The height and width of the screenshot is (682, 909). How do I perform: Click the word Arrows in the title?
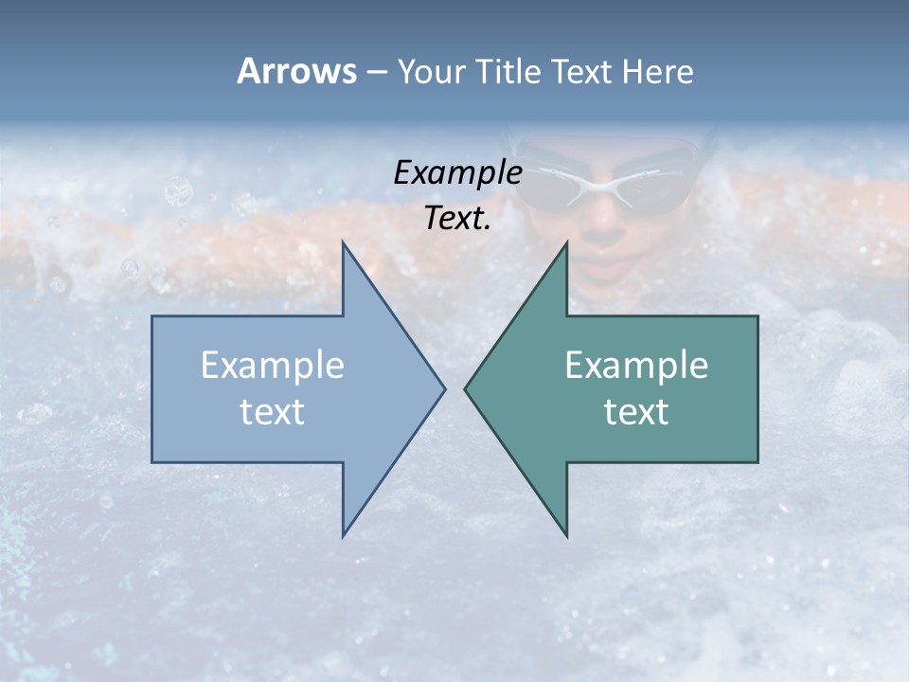pyautogui.click(x=296, y=71)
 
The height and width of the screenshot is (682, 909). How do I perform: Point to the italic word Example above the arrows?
pyautogui.click(x=458, y=173)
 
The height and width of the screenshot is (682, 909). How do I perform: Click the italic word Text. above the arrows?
pyautogui.click(x=458, y=219)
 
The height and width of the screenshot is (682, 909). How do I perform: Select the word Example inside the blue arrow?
pyautogui.click(x=273, y=366)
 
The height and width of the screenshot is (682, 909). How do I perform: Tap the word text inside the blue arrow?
pyautogui.click(x=273, y=411)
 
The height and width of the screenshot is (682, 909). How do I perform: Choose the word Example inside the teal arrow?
pyautogui.click(x=636, y=366)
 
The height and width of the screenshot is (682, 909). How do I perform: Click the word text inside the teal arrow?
pyautogui.click(x=636, y=411)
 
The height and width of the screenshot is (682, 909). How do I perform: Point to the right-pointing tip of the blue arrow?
pyautogui.click(x=444, y=388)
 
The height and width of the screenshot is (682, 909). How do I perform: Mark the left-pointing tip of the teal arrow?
pyautogui.click(x=466, y=388)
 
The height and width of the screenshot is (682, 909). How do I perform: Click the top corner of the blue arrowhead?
pyautogui.click(x=343, y=242)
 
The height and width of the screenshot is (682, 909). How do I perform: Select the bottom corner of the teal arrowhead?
pyautogui.click(x=567, y=536)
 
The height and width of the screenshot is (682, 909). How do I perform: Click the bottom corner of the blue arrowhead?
pyautogui.click(x=343, y=536)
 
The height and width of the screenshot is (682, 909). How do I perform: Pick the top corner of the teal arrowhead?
pyautogui.click(x=567, y=242)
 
